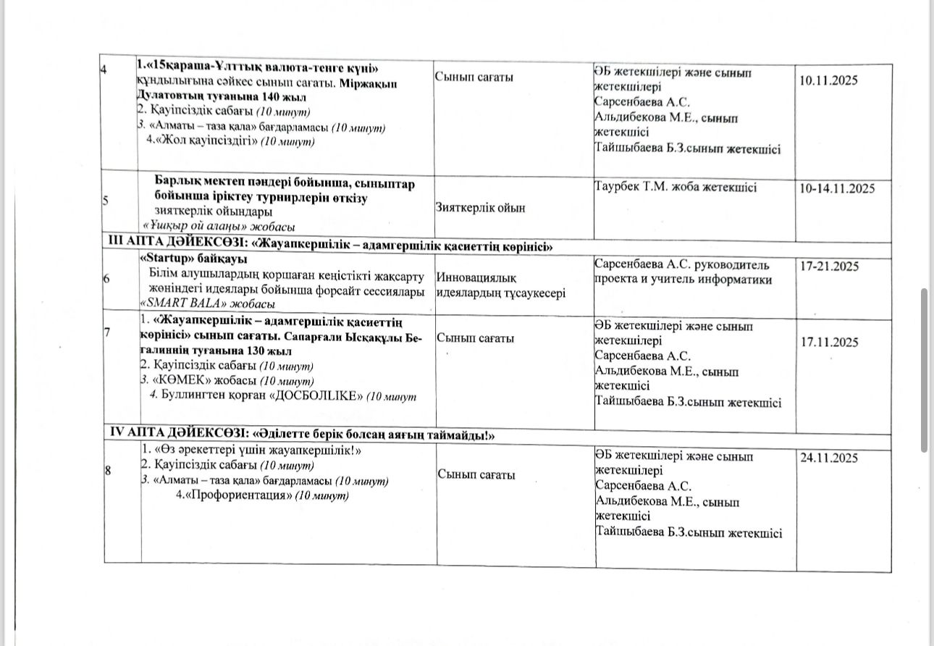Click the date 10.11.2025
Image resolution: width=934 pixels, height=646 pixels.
coord(828,81)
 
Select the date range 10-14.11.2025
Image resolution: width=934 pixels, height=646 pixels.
coord(837,188)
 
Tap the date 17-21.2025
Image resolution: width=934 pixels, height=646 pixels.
coord(829,267)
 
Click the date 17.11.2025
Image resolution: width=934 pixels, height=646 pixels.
coord(828,343)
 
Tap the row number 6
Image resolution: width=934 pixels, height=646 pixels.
coord(106,280)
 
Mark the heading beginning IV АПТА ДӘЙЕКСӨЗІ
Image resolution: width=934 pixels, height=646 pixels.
coord(301,434)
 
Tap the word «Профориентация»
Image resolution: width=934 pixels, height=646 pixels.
coord(234,495)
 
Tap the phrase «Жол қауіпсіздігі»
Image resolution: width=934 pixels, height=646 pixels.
coord(202,141)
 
